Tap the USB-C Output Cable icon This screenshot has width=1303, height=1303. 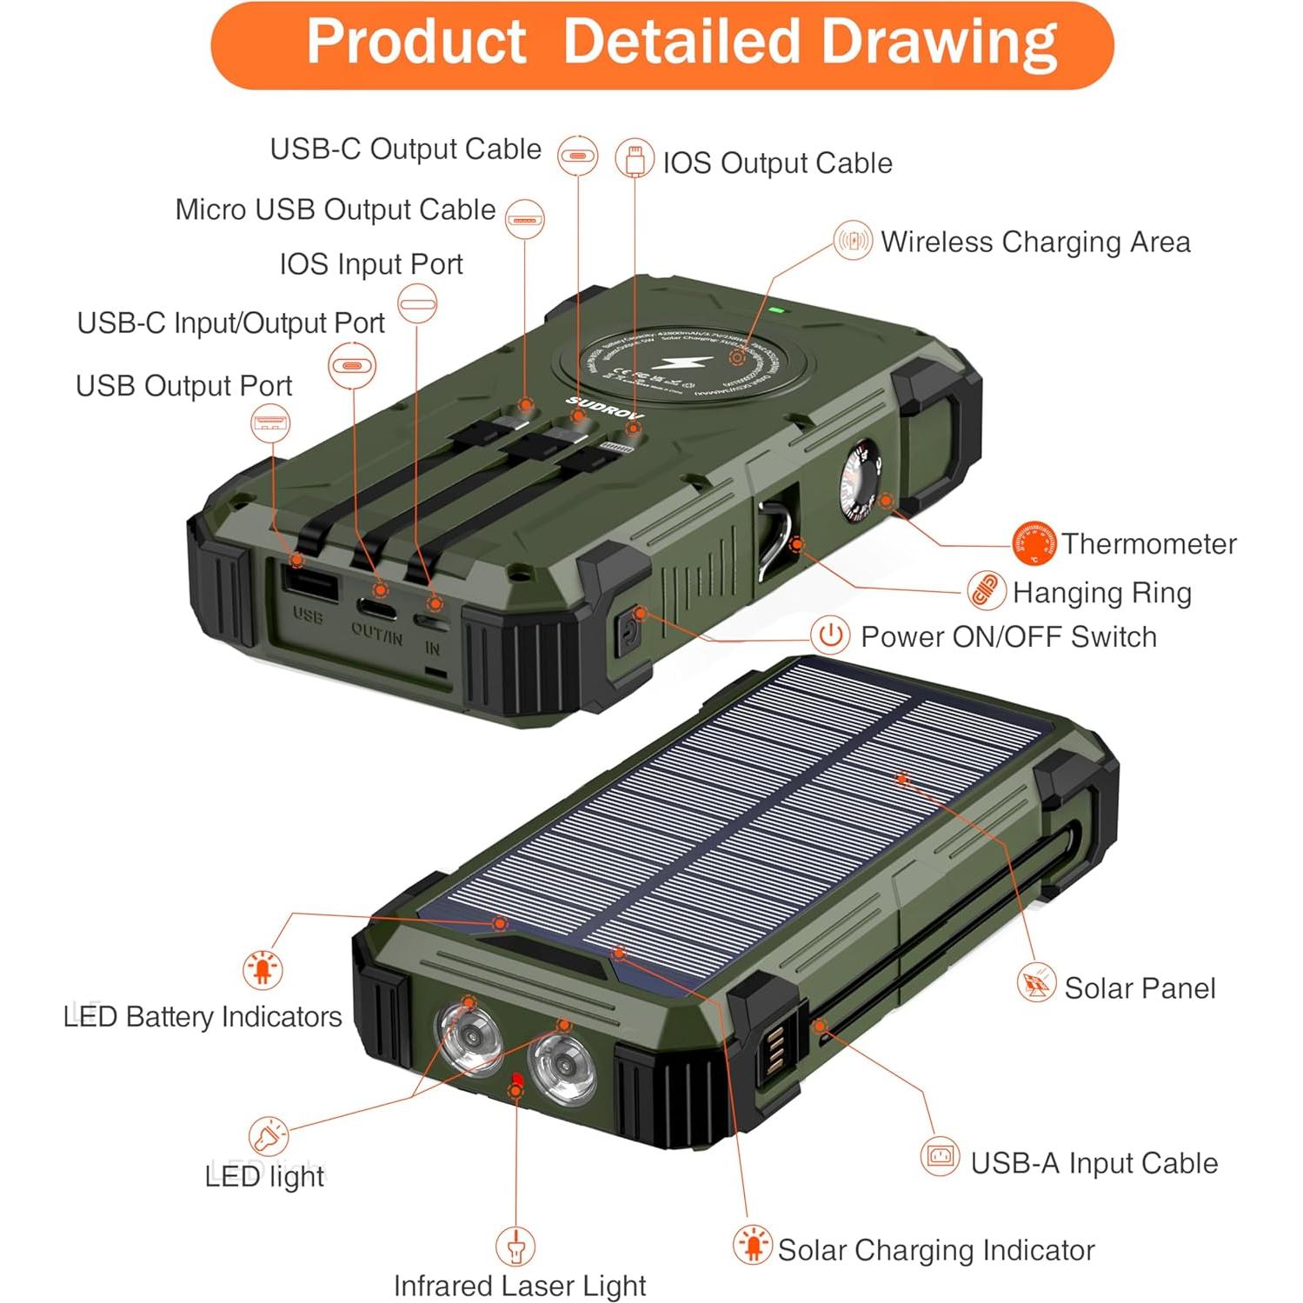click(x=578, y=156)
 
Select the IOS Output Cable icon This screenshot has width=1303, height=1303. click(x=635, y=160)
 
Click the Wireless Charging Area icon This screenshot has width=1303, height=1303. click(x=853, y=240)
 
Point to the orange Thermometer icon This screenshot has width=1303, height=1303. click(x=1034, y=543)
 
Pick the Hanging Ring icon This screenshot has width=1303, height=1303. click(x=987, y=592)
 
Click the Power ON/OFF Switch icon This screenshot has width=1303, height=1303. click(x=830, y=635)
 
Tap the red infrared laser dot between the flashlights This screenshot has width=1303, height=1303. click(x=517, y=1080)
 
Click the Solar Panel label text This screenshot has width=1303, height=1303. click(x=1140, y=988)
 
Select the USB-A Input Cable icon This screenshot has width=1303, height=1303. click(x=940, y=1157)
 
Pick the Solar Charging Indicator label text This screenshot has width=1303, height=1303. click(x=935, y=1250)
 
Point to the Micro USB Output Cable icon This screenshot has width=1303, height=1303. click(x=525, y=218)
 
